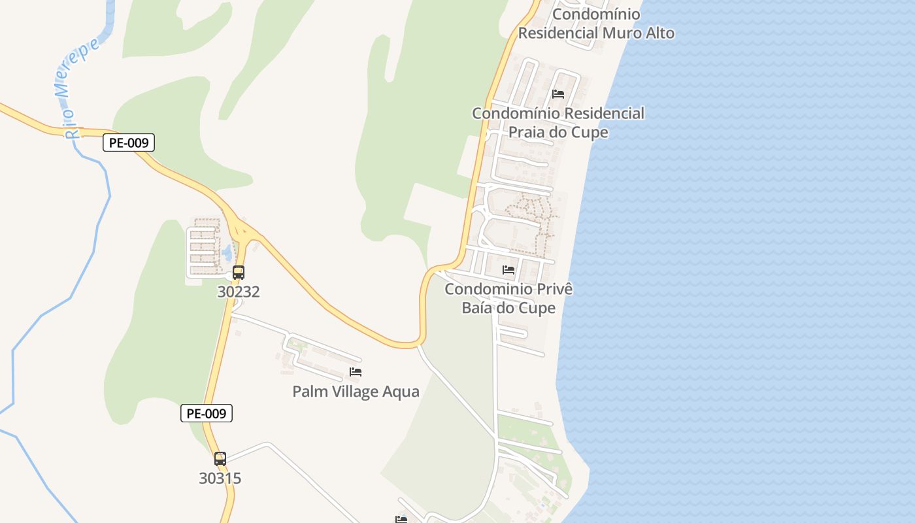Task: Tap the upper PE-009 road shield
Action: coord(128,143)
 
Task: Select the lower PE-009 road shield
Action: coord(207,413)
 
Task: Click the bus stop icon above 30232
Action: coord(239,273)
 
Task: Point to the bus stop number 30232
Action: coord(239,292)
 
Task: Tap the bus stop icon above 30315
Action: coord(220,459)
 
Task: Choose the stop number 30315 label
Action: coord(220,479)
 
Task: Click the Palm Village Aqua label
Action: coord(356,392)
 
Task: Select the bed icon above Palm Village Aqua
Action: coord(356,372)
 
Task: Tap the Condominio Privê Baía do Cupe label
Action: coord(508,298)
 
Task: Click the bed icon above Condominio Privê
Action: coord(508,269)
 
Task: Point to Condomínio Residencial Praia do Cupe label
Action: coord(558,122)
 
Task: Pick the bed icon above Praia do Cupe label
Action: coord(558,94)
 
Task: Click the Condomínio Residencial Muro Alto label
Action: coord(596,24)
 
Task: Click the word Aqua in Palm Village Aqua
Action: coord(401,392)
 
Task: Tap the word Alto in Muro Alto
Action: coord(656,33)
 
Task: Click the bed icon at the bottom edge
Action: coord(401,519)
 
